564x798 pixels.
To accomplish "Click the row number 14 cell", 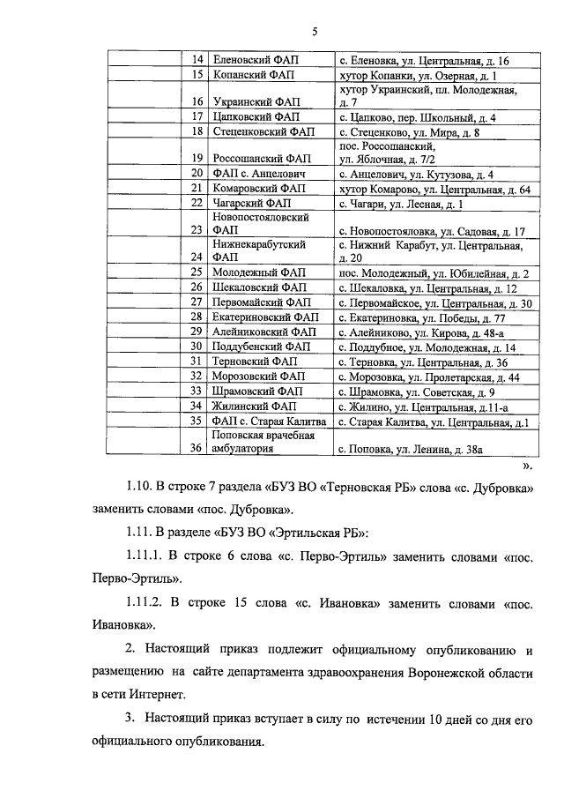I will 198,61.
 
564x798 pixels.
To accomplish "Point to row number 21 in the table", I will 198,189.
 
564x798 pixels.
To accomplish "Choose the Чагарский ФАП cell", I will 253,204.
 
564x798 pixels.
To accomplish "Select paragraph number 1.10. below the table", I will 139,488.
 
